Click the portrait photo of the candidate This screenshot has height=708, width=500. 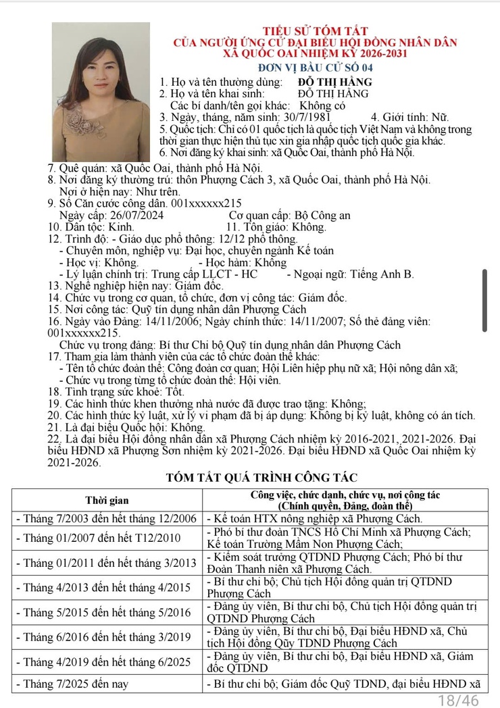[101, 91]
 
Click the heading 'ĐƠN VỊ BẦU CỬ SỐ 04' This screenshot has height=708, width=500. [315, 67]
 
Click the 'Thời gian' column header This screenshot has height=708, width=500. [107, 501]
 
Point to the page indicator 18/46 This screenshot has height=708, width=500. [459, 700]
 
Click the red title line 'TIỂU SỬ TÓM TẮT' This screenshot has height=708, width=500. [316, 31]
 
